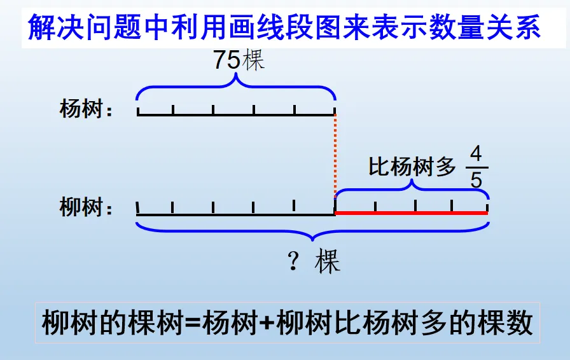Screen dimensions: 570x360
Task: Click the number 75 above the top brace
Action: click(x=226, y=60)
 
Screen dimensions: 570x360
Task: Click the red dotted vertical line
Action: click(x=335, y=156)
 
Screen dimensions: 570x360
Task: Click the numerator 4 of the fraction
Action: click(x=476, y=155)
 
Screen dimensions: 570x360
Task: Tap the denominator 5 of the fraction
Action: click(x=476, y=180)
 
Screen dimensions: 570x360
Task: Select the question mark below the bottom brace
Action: click(x=293, y=261)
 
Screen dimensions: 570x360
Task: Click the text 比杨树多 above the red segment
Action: click(x=413, y=167)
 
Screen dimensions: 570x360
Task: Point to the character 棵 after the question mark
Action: click(x=328, y=261)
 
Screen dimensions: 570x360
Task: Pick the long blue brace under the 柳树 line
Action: click(x=312, y=229)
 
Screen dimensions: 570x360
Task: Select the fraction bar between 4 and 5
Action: click(x=476, y=167)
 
